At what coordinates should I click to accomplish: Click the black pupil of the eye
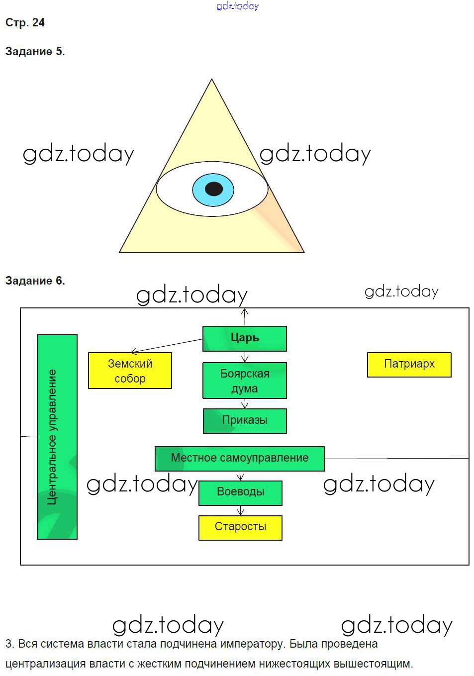(214, 189)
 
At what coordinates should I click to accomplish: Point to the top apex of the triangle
(212, 80)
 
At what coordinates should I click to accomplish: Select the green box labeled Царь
(244, 338)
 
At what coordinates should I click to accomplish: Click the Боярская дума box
(244, 381)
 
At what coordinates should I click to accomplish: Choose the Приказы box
(244, 420)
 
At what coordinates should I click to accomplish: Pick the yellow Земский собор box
(130, 371)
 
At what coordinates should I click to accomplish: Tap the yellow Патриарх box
(409, 365)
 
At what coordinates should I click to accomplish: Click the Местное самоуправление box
(239, 458)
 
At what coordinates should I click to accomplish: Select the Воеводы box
(240, 492)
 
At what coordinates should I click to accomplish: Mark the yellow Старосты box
(240, 527)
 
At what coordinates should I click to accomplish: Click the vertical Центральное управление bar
(57, 437)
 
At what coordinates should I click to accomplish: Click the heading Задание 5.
(35, 52)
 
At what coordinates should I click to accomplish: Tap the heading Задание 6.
(35, 281)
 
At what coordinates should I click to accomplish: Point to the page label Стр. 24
(25, 23)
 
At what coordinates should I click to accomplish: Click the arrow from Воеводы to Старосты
(241, 510)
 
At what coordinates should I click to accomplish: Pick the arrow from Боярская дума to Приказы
(244, 403)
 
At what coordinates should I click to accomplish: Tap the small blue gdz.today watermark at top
(238, 6)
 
